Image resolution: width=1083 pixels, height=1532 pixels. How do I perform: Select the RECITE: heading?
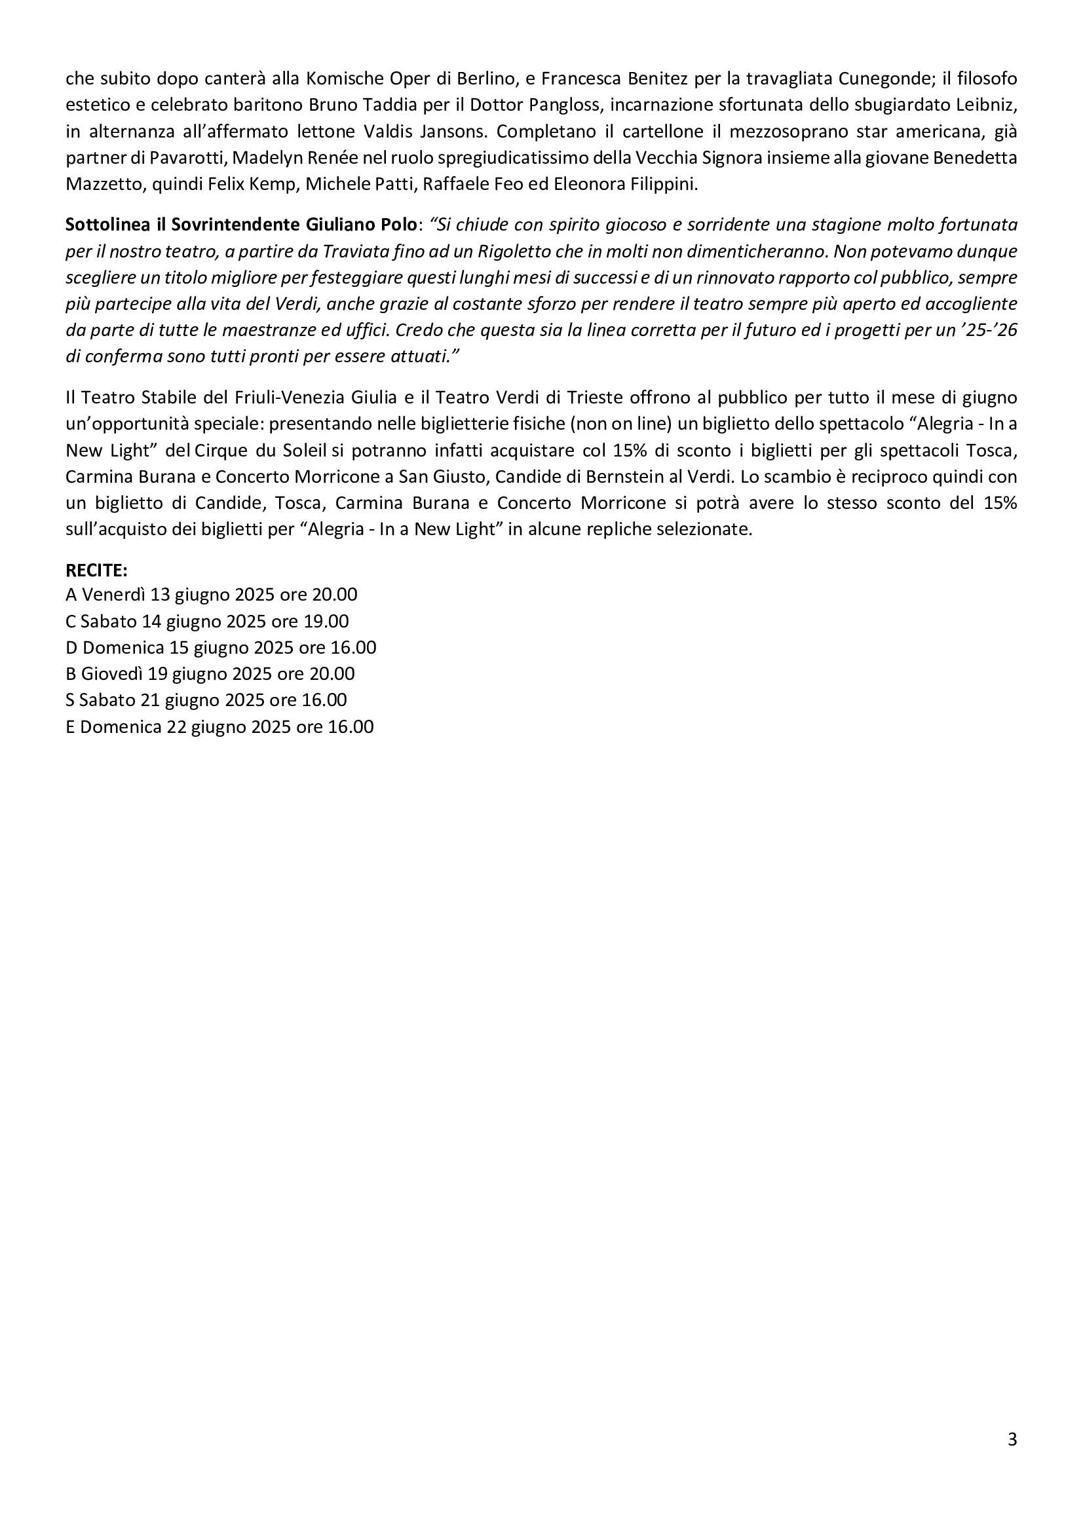(96, 570)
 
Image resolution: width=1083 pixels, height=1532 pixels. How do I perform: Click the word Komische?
(344, 79)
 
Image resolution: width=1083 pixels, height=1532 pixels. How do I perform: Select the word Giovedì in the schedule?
(112, 674)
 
